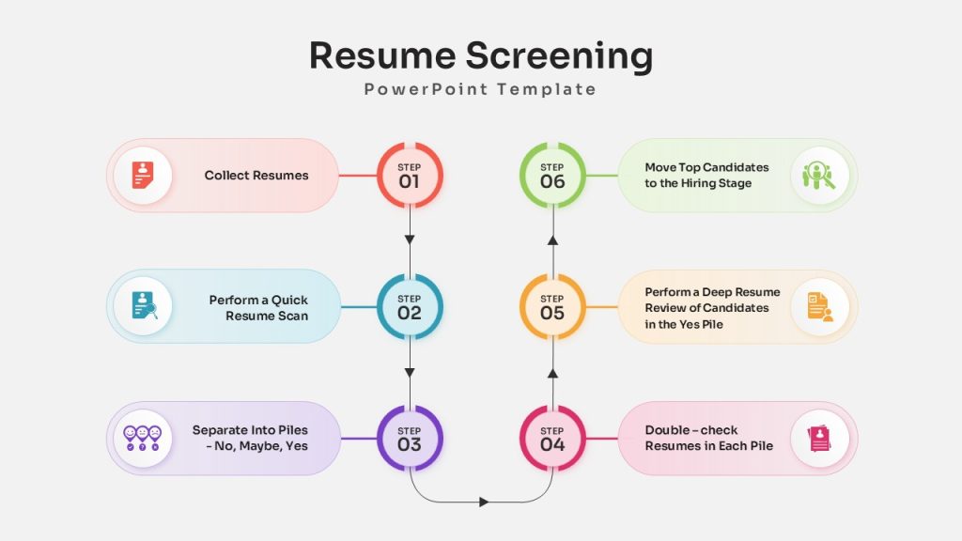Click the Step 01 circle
tap(410, 176)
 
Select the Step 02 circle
tap(410, 307)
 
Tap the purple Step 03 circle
tap(410, 438)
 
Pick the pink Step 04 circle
tap(552, 438)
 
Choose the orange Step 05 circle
tap(552, 307)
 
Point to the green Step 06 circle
tap(552, 176)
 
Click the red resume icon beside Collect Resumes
tap(143, 176)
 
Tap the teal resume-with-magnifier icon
tap(144, 305)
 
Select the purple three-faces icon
tap(143, 438)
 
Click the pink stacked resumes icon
tap(819, 439)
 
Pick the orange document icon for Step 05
tap(820, 307)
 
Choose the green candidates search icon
tap(819, 176)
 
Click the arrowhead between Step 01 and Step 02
tap(410, 240)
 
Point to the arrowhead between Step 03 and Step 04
tap(484, 502)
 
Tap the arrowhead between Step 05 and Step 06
tap(552, 240)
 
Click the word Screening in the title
tap(559, 56)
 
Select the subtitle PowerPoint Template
tap(480, 89)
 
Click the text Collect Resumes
tap(256, 176)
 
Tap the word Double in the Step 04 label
tap(666, 430)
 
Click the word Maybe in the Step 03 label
tap(261, 446)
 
